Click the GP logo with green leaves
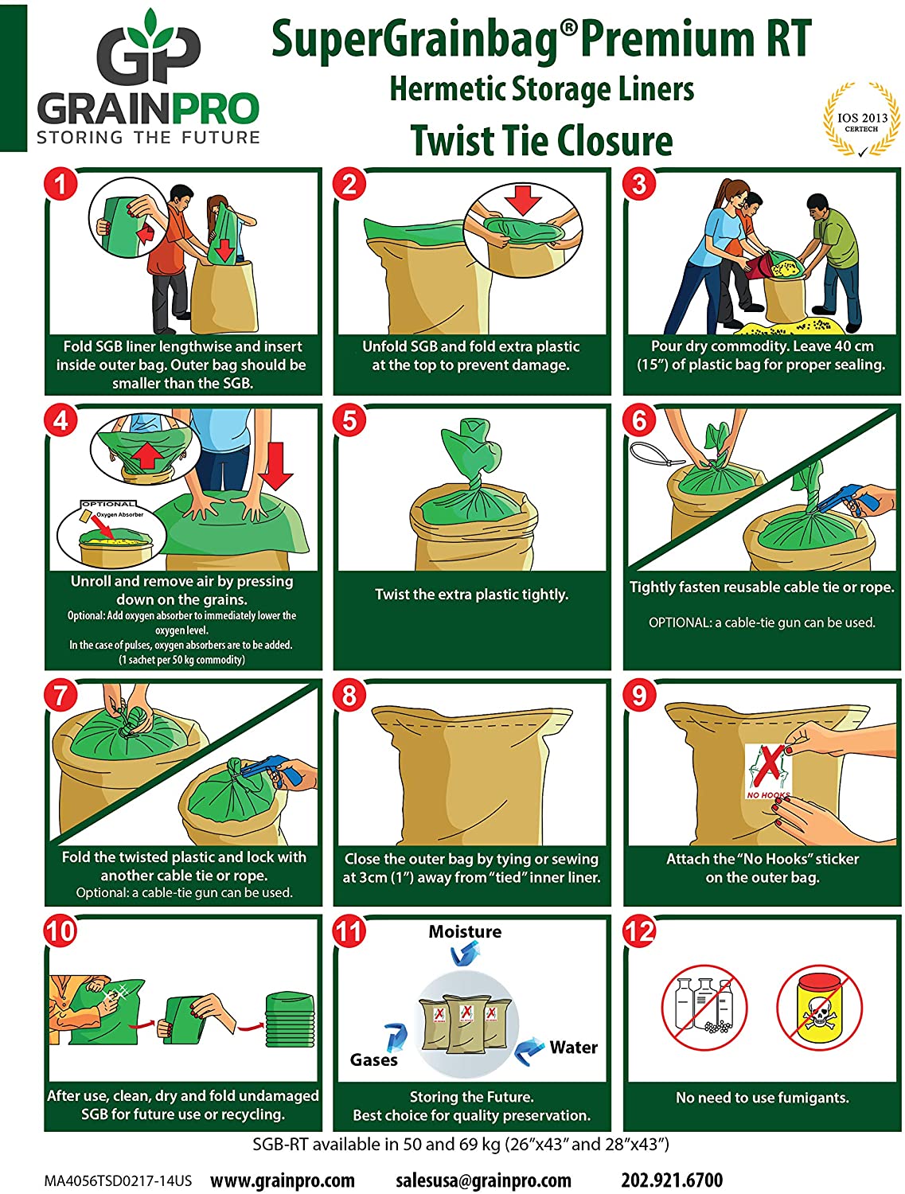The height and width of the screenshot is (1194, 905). (x=148, y=49)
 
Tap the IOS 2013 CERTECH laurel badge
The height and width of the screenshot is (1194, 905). (x=861, y=120)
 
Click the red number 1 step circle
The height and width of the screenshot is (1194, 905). (x=60, y=185)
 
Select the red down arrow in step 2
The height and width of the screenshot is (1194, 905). (x=523, y=199)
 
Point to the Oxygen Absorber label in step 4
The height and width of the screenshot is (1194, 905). (x=119, y=515)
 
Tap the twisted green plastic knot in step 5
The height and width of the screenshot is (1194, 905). (x=474, y=462)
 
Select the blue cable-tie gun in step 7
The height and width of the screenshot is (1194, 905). (x=275, y=770)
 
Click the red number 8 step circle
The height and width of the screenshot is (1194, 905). (x=349, y=696)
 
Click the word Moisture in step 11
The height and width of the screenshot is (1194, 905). (x=465, y=931)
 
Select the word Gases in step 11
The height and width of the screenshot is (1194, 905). (x=373, y=1060)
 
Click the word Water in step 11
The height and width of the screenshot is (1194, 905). (x=573, y=1048)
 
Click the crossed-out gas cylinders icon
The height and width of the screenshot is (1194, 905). (x=704, y=1009)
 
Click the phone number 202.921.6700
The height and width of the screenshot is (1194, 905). (x=672, y=1180)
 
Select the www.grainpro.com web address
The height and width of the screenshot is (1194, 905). (x=282, y=1180)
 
